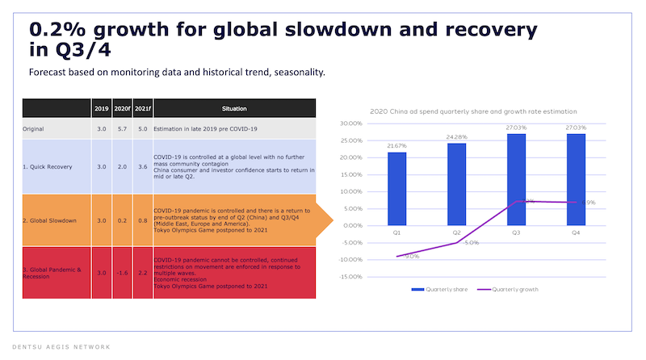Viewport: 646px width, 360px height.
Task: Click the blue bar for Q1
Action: tap(396, 188)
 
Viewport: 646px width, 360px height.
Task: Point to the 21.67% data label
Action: tap(396, 145)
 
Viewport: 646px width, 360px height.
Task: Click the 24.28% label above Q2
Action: tap(456, 136)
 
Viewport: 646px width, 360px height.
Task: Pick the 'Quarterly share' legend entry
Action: tap(435, 288)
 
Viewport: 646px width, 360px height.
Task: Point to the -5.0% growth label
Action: tap(472, 243)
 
